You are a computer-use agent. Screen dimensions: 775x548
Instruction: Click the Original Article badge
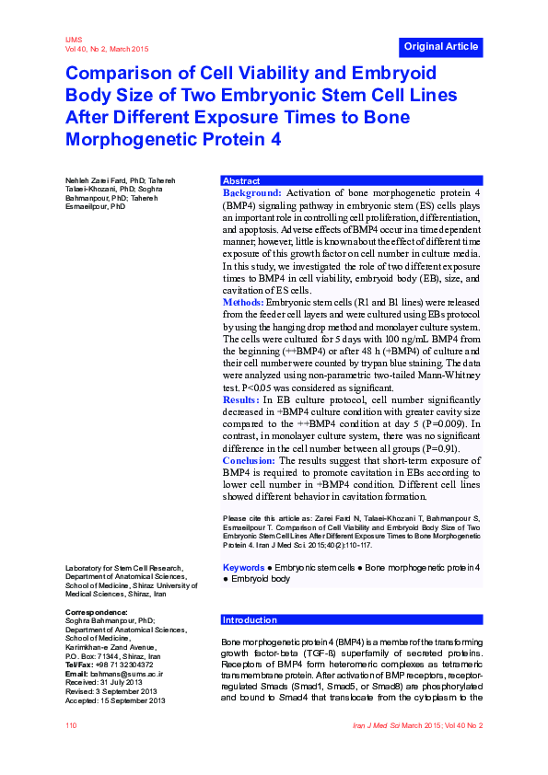pos(440,46)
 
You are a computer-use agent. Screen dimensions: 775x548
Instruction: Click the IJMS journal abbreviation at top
pos(74,40)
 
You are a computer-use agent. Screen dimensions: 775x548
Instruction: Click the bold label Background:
pos(251,193)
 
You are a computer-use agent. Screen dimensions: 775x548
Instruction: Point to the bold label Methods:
pos(243,303)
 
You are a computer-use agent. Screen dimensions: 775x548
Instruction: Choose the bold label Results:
pos(241,400)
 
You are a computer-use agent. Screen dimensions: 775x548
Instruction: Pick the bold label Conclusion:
pos(249,460)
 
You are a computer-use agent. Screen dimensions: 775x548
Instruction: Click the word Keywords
pos(243,569)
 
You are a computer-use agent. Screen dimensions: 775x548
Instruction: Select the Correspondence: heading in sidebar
pos(96,612)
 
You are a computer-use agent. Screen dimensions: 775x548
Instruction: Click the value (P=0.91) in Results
pos(411,448)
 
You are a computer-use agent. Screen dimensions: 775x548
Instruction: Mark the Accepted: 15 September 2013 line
pos(114,701)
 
